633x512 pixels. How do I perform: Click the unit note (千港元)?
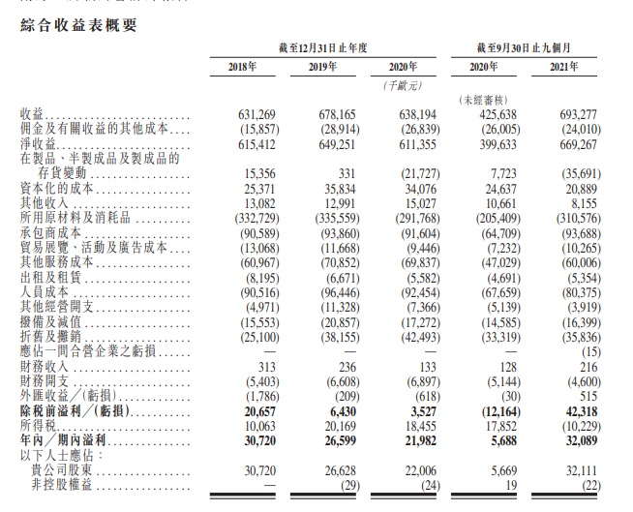(402, 85)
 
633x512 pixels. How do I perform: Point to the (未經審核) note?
(486, 100)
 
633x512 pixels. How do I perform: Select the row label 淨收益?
(36, 141)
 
